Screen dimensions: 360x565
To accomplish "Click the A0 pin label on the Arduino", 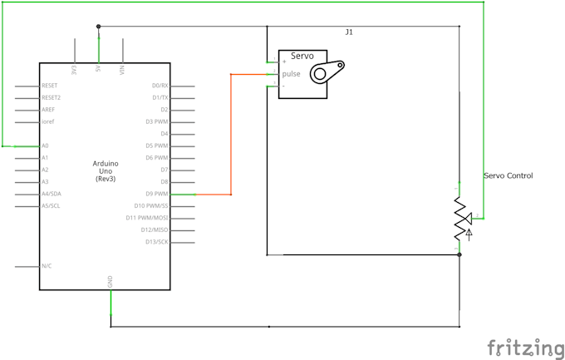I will [x=45, y=145].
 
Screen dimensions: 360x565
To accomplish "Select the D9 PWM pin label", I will [x=155, y=194].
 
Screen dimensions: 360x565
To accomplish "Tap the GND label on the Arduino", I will [x=111, y=283].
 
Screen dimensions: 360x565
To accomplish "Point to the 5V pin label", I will [x=99, y=70].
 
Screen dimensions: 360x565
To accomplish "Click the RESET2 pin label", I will [x=51, y=97].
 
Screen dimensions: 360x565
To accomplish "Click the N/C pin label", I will [x=47, y=266].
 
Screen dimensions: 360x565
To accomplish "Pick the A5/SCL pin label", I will [x=50, y=205].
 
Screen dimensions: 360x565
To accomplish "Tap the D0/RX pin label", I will [x=160, y=86].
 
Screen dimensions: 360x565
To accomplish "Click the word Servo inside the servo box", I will [x=302, y=57].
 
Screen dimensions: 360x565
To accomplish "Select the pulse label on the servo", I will [x=291, y=73].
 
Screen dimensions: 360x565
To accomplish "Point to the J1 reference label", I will [x=349, y=32].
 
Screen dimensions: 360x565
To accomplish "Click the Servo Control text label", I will [x=508, y=175].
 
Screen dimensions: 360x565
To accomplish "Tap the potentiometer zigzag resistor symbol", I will [x=459, y=219].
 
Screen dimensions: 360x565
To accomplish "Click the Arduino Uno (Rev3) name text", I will [x=106, y=170].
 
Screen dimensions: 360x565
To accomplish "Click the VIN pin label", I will [x=122, y=70].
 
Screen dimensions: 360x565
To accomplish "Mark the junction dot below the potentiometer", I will [x=459, y=255].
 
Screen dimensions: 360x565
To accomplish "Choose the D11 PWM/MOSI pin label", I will [x=147, y=218].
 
